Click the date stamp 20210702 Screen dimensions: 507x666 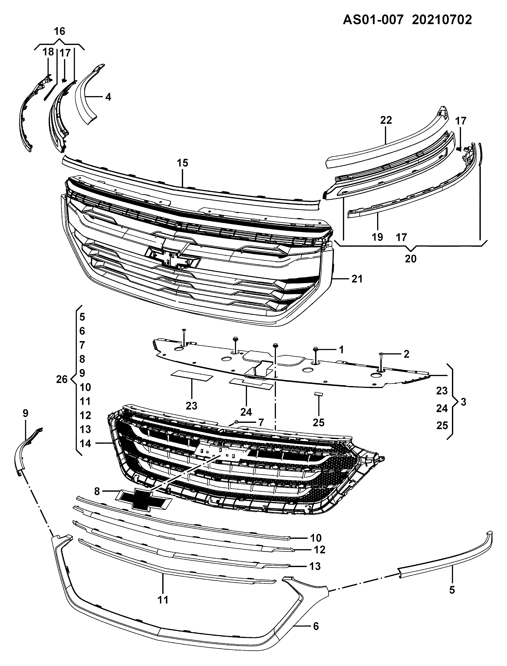[442, 20]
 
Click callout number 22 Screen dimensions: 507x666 [386, 120]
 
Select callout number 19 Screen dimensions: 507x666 [377, 237]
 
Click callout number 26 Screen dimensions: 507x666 [62, 379]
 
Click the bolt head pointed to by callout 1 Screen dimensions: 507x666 [316, 349]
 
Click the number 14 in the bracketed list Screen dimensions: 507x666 [85, 444]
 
